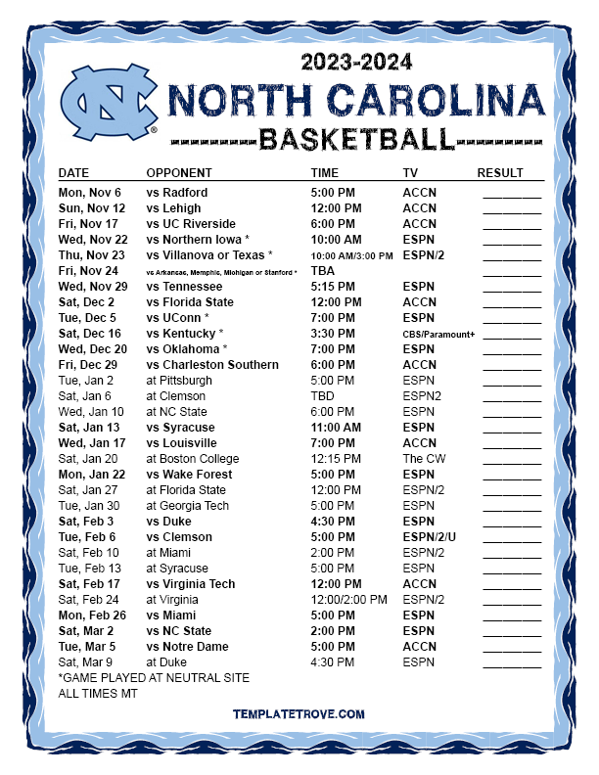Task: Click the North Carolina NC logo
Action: (109, 102)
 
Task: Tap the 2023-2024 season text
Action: (356, 62)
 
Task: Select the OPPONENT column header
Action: (178, 173)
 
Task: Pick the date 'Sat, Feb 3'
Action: (86, 522)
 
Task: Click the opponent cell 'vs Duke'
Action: (168, 522)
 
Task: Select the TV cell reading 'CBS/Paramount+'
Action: (438, 334)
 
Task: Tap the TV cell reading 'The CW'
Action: (424, 459)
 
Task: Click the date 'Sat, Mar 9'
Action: (86, 662)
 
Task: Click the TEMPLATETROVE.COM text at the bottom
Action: (299, 715)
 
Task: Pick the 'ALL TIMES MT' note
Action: (98, 694)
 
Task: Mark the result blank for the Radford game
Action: (511, 194)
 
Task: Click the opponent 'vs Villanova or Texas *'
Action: (208, 255)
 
